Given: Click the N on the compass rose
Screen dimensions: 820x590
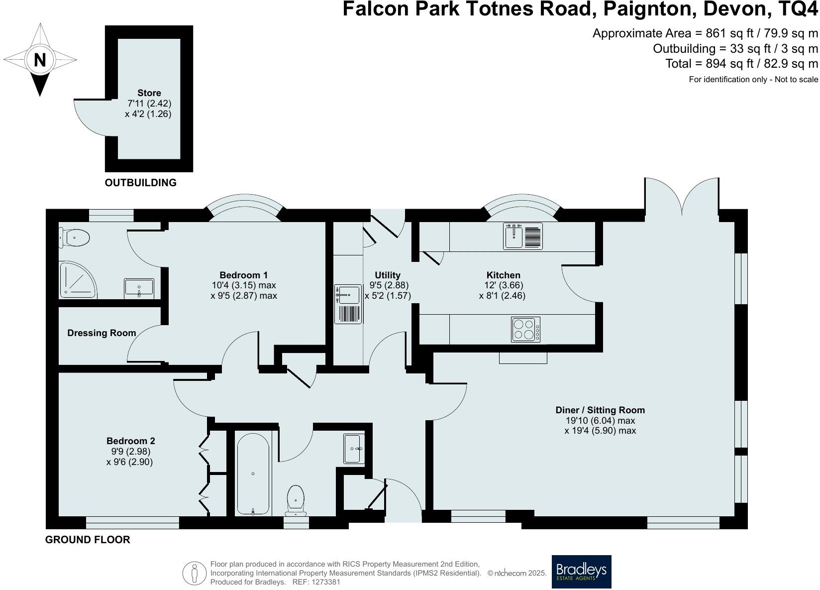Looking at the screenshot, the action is (x=40, y=60).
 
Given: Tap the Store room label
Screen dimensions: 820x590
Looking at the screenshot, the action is (x=149, y=93).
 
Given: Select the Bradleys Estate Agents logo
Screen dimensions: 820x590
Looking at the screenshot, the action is (x=581, y=572).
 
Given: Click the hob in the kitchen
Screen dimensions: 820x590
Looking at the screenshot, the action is (x=525, y=330).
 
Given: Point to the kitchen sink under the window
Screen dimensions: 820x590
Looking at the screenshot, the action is (x=523, y=236).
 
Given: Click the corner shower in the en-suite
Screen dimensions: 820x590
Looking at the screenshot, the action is (x=78, y=280).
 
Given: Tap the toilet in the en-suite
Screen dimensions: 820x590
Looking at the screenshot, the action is (x=74, y=238).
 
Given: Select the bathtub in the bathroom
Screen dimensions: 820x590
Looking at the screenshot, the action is (x=253, y=474).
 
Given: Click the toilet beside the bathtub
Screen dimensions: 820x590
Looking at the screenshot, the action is (x=296, y=500).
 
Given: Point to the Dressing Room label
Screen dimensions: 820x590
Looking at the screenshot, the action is (x=102, y=333).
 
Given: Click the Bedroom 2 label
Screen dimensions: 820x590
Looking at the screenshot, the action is (x=131, y=441).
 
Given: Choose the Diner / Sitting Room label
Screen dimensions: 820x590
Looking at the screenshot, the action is (x=600, y=410).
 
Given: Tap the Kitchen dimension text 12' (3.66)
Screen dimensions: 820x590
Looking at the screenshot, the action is (x=504, y=285).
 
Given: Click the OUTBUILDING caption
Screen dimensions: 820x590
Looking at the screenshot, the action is (x=141, y=183).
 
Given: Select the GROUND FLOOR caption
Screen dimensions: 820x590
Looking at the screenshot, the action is (x=88, y=540).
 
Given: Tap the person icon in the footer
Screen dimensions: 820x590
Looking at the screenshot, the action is (x=195, y=573).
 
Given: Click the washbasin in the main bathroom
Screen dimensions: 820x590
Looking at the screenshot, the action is (x=354, y=449).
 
